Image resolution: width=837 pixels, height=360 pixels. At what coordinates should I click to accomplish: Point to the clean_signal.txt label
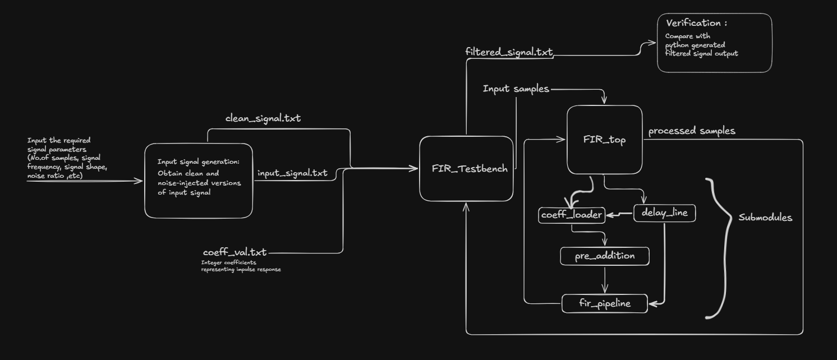(x=263, y=118)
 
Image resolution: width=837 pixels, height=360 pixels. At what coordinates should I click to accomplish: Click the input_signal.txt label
(x=292, y=173)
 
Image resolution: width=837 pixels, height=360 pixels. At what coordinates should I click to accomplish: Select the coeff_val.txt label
(x=234, y=252)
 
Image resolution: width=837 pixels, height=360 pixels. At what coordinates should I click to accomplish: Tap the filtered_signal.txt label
(x=509, y=52)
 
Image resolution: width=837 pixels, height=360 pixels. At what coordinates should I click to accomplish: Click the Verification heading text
(x=697, y=23)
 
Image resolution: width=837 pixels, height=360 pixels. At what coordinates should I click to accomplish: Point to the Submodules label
(x=765, y=218)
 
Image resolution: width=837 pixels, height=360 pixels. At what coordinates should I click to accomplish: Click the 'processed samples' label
(x=692, y=131)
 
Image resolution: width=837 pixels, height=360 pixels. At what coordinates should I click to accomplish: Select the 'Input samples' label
(x=516, y=89)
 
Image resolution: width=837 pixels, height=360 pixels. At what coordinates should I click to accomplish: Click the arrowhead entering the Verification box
(x=652, y=43)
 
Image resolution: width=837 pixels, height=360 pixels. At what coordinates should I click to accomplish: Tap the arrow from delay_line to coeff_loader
(x=619, y=214)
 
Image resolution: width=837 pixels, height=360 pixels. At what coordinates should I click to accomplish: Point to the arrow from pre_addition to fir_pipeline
(x=605, y=280)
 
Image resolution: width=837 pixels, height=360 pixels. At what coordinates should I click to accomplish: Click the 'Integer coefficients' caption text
(x=229, y=262)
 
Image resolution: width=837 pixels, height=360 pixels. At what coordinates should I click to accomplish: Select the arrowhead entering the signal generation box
(x=139, y=181)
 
